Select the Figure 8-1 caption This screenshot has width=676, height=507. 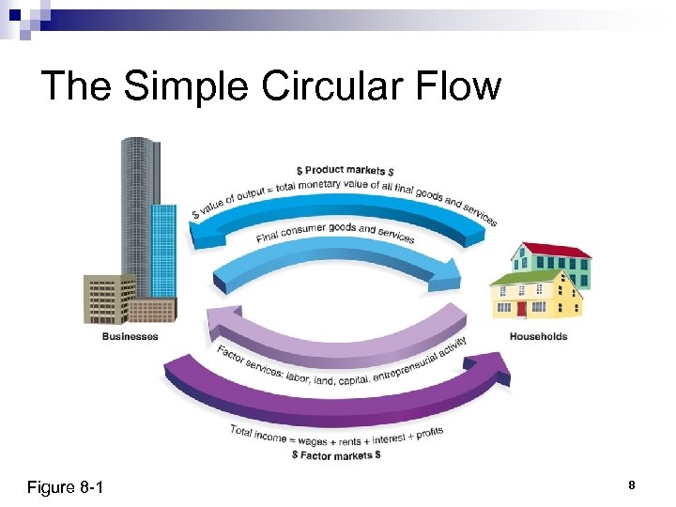[x=65, y=487]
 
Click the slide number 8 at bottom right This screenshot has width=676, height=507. [x=632, y=485]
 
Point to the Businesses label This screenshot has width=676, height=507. [x=130, y=336]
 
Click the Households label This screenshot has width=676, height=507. [x=538, y=336]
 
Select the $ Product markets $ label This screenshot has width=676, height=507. [x=345, y=170]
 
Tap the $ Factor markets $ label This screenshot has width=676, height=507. [x=336, y=454]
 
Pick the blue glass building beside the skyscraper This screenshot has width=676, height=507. [x=164, y=249]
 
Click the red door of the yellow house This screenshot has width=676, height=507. [x=522, y=308]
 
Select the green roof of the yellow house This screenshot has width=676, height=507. [x=521, y=279]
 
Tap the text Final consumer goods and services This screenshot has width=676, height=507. [x=335, y=232]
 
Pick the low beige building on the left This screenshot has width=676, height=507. [x=107, y=300]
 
